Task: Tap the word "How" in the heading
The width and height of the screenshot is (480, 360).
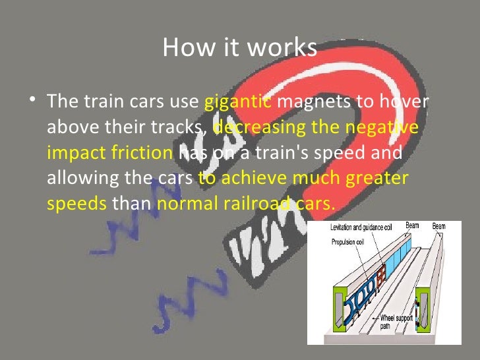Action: click(x=181, y=47)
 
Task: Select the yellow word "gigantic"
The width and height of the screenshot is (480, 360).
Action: click(x=238, y=102)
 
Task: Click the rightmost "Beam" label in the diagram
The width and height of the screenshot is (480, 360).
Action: click(x=438, y=227)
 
